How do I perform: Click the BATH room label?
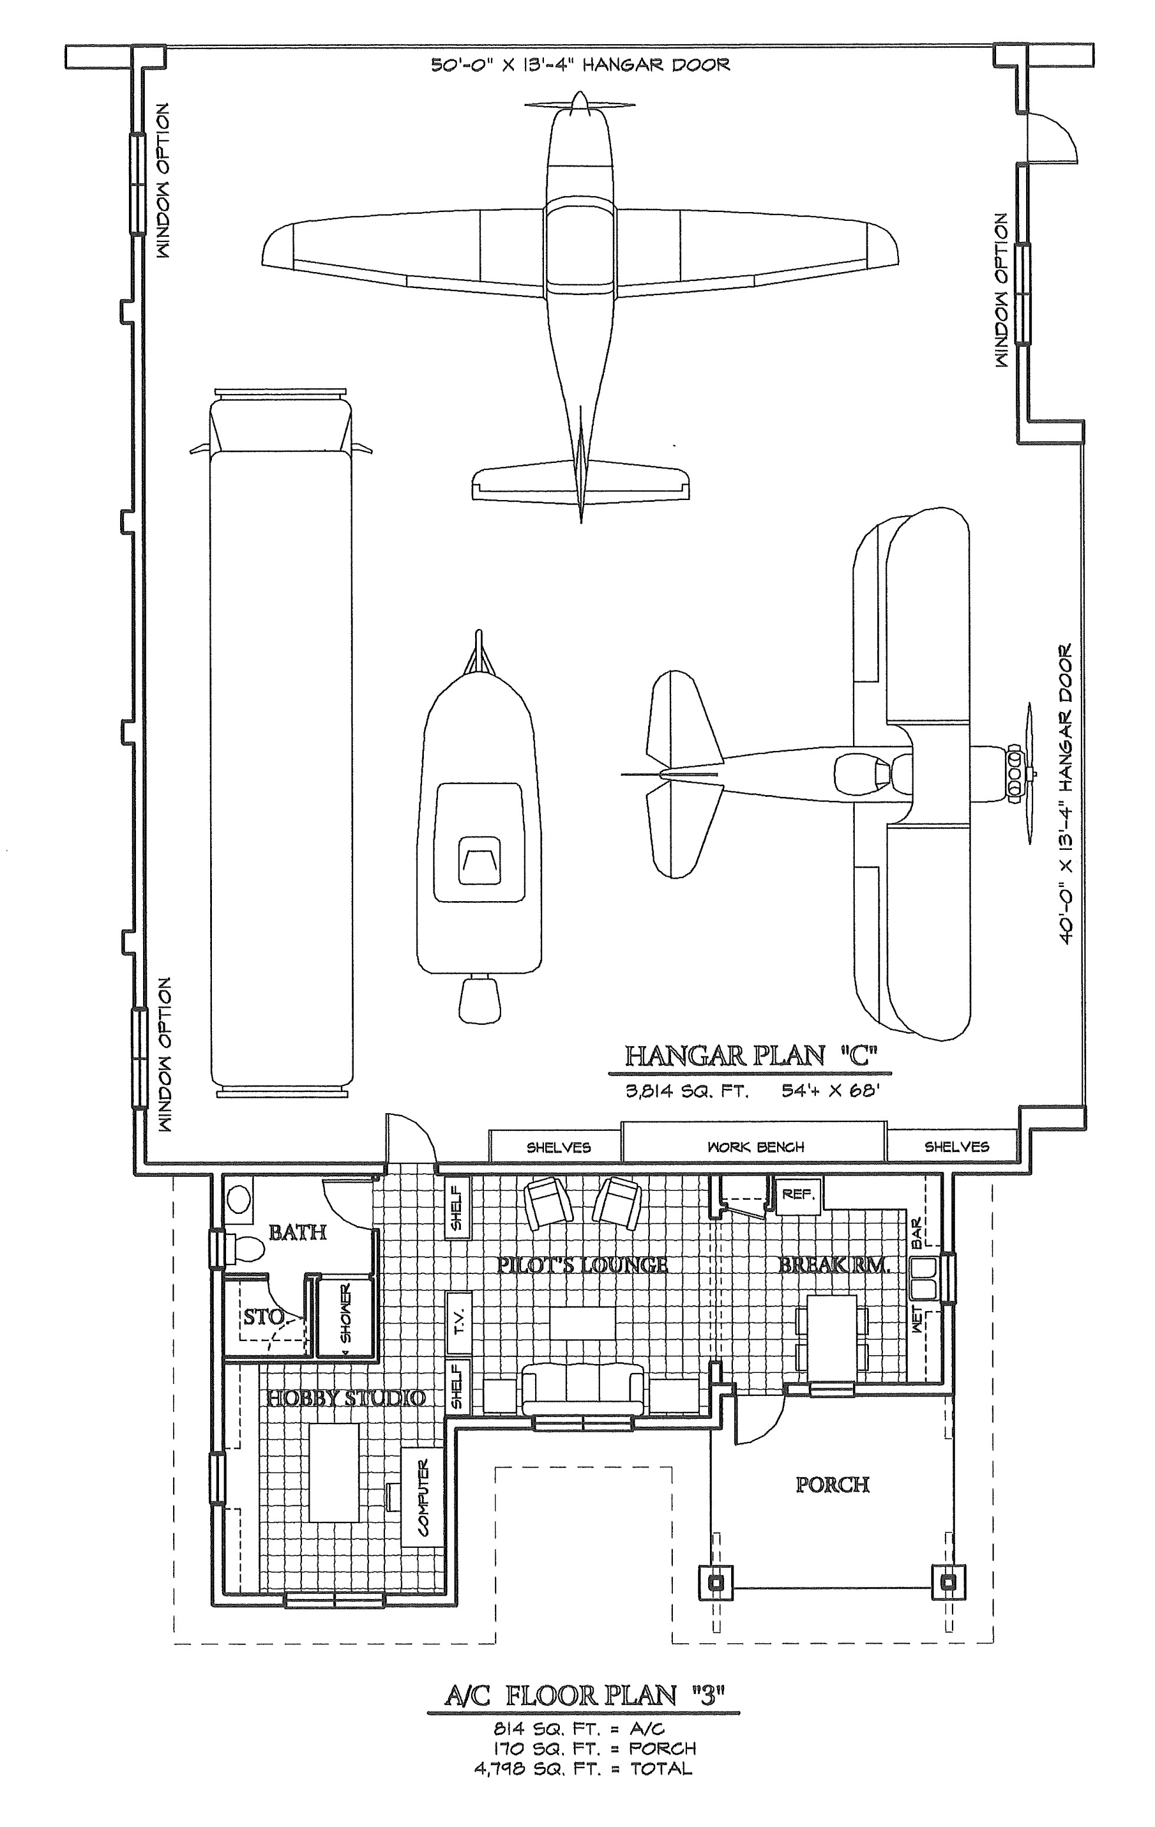[x=297, y=1232]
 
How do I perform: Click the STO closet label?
[x=263, y=1316]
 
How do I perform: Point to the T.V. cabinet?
[x=458, y=1322]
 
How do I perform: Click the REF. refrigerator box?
[x=797, y=1195]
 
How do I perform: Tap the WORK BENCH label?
[x=755, y=1147]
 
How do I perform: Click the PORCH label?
[x=832, y=1485]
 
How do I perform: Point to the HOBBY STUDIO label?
[x=345, y=1398]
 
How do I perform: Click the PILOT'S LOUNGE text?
[x=582, y=1265]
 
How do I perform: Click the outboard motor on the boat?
[x=479, y=1000]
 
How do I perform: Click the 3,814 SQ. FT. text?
[x=687, y=1093]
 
